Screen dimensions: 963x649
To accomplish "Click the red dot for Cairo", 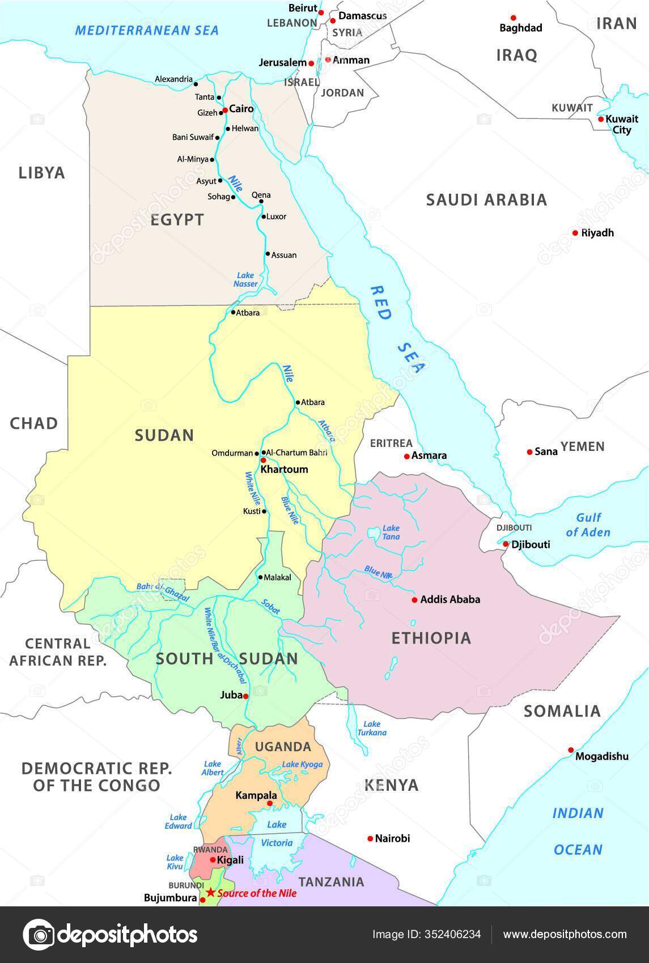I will [225, 110].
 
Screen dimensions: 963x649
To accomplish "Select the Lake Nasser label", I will [246, 280].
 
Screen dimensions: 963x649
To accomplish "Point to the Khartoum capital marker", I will [263, 460].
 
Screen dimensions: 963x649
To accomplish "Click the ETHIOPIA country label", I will [431, 638].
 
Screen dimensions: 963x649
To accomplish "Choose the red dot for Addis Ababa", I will [414, 599].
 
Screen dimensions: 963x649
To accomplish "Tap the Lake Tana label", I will [391, 532].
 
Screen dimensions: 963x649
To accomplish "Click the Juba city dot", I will [246, 696].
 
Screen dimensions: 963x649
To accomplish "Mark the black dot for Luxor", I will [264, 216].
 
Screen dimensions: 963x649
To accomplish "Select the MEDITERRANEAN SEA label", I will [147, 30].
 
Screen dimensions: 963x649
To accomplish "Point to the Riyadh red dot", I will [575, 233].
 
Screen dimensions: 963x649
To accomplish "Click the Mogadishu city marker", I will [571, 750].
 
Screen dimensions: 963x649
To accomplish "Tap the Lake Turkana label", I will [372, 728].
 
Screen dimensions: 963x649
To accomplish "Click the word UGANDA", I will [283, 747].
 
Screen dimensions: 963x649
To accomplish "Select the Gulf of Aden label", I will [588, 525].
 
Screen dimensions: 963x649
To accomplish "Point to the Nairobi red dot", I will [370, 838].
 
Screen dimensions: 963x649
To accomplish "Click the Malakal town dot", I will [260, 578].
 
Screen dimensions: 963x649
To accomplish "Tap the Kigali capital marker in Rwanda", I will [213, 859].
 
